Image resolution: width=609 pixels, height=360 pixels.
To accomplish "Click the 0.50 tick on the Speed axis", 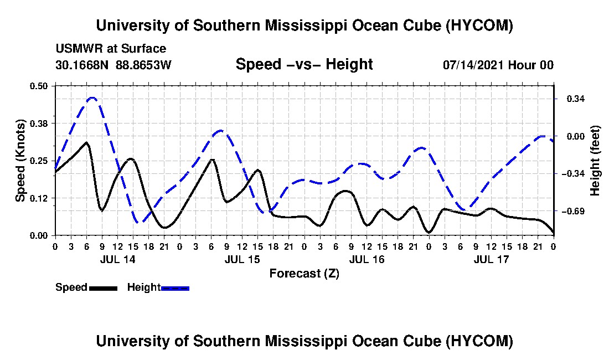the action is pos(38,86).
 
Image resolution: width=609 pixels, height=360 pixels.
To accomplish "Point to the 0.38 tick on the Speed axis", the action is pos(38,124).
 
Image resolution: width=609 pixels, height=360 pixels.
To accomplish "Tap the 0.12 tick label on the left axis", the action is pos(38,198).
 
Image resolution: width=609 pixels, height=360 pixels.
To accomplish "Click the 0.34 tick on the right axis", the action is pos(576,99).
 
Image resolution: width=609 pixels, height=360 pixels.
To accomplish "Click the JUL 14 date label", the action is pos(118,259).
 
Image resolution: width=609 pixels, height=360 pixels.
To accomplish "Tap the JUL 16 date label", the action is pos(367,259).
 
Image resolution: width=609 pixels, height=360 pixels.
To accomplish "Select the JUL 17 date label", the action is pos(491,259).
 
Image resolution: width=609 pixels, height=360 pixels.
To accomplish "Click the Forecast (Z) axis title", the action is pos(304,274).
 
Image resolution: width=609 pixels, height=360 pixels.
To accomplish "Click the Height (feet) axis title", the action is pos(595,161).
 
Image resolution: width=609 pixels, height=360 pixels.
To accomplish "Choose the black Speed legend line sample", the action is pos(103,288).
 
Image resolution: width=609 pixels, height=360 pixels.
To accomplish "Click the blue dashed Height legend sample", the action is pos(175,288).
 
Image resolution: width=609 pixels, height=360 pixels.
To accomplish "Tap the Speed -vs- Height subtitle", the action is pos(304,64).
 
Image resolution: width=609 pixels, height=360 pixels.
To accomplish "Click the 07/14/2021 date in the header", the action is pos(473,65).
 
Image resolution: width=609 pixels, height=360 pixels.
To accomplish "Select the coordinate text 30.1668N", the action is pos(81,65).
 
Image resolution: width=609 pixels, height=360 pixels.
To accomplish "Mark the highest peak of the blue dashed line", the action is pos(92,98).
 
